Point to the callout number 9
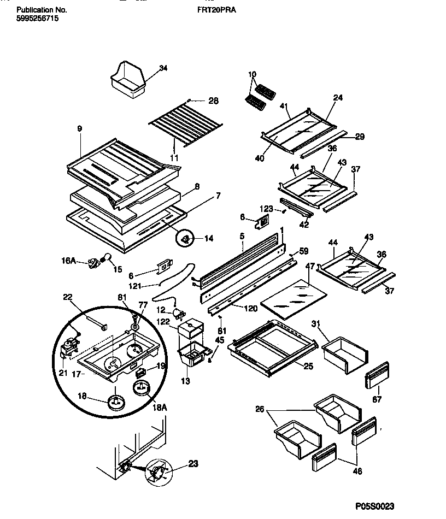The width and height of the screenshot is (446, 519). (x=79, y=129)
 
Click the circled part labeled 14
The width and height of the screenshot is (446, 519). (x=186, y=238)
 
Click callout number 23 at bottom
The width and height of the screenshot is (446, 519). (x=193, y=464)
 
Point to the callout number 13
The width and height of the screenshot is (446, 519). (x=186, y=381)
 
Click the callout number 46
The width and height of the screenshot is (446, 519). (x=357, y=471)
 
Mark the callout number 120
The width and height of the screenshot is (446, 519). (x=250, y=309)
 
